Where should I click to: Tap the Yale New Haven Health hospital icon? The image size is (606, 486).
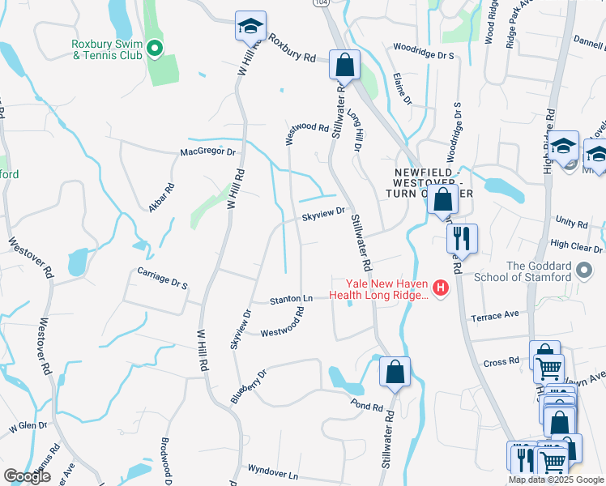pyautogui.click(x=441, y=288)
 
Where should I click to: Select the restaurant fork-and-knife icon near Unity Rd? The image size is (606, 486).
pyautogui.click(x=463, y=238)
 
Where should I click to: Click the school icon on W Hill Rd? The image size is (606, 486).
pyautogui.click(x=250, y=27)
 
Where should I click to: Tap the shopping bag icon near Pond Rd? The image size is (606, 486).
pyautogui.click(x=395, y=373)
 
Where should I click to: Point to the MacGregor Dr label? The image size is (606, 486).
pyautogui.click(x=207, y=151)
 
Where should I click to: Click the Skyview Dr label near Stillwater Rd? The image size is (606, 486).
pyautogui.click(x=324, y=215)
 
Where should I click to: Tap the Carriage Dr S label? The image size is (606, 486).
pyautogui.click(x=162, y=279)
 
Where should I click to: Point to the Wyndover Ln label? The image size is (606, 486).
pyautogui.click(x=273, y=471)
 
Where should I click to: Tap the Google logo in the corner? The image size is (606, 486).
pyautogui.click(x=27, y=476)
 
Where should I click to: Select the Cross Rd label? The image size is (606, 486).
pyautogui.click(x=503, y=362)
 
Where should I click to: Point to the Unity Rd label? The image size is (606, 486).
pyautogui.click(x=571, y=221)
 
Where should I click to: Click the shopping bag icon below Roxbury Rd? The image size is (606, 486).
pyautogui.click(x=344, y=66)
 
